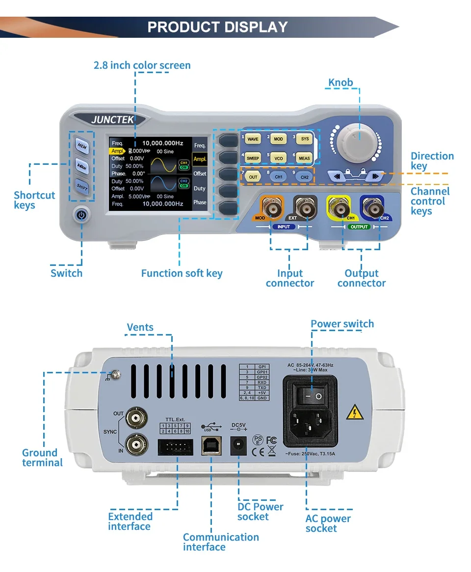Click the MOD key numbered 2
click(279, 139)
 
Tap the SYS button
click(305, 139)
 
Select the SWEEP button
click(253, 158)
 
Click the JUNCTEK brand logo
click(112, 119)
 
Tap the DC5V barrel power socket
click(239, 446)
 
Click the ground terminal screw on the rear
click(115, 375)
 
